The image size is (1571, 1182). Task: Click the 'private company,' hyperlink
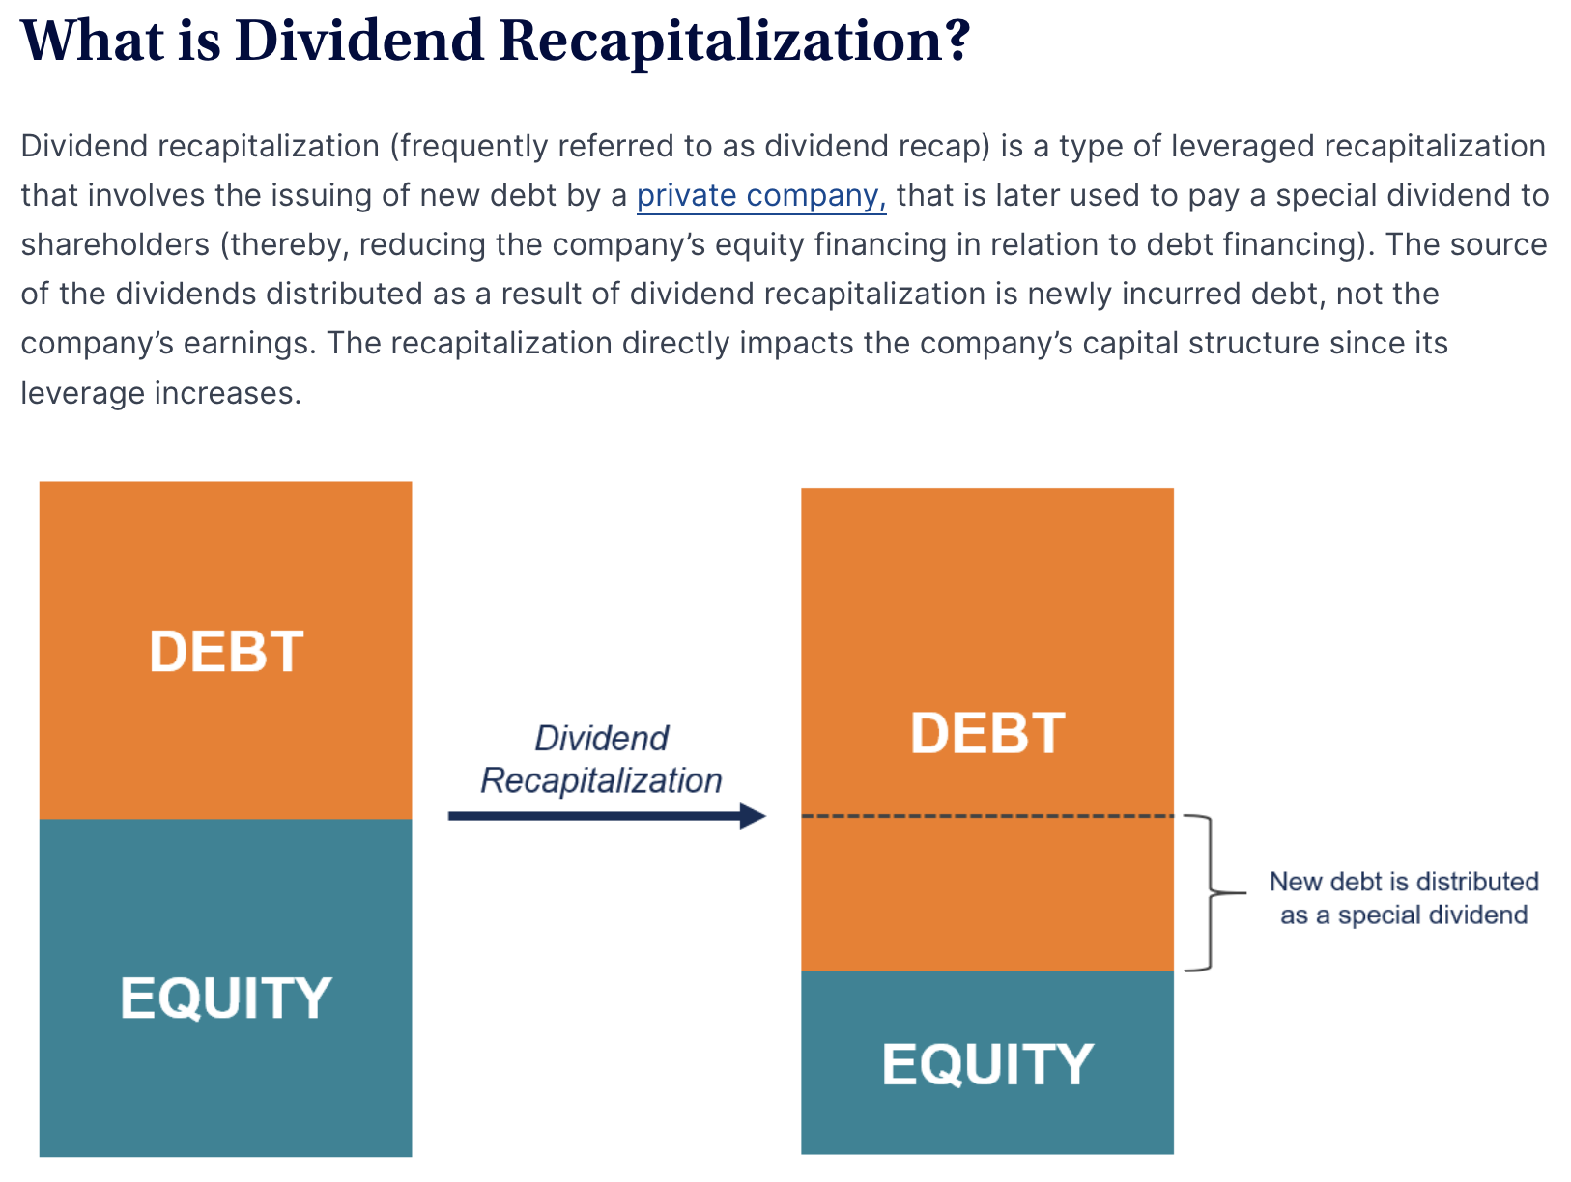point(760,196)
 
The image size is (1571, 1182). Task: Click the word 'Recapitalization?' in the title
point(734,42)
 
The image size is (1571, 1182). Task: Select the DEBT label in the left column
point(226,652)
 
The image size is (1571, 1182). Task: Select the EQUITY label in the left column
point(226,998)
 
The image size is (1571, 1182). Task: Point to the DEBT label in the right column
point(987,733)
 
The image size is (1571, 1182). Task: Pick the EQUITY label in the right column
point(987,1064)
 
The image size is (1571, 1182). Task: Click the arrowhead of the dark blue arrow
point(753,816)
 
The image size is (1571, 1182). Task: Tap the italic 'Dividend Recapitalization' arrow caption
point(601,759)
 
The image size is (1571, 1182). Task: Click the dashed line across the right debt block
point(987,816)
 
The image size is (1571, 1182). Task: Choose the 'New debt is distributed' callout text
point(1404,881)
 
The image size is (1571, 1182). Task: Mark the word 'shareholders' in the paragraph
point(115,244)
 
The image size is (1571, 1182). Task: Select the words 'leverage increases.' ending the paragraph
point(161,393)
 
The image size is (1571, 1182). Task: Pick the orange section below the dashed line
point(987,894)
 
